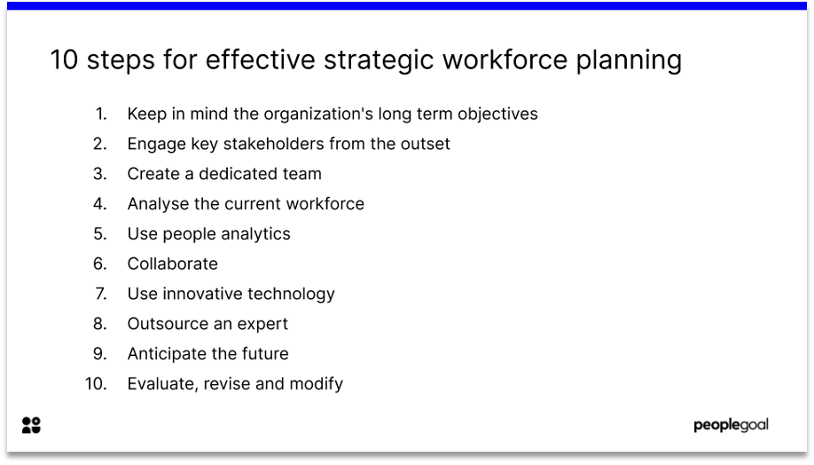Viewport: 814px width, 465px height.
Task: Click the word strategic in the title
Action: (x=379, y=60)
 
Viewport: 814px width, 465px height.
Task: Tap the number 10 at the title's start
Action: (x=64, y=59)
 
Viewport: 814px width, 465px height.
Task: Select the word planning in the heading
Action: (x=629, y=60)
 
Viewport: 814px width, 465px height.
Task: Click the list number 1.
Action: (x=101, y=114)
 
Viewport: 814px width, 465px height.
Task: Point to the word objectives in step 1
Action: (x=497, y=114)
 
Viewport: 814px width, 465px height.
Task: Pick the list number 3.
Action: (x=100, y=174)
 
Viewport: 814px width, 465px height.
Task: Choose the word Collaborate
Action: (x=172, y=264)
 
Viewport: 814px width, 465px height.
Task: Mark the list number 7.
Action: (x=101, y=294)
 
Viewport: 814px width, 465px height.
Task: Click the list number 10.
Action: (x=96, y=383)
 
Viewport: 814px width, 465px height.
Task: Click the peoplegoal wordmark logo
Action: (x=731, y=425)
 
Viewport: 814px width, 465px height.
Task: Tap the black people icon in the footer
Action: (x=31, y=425)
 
